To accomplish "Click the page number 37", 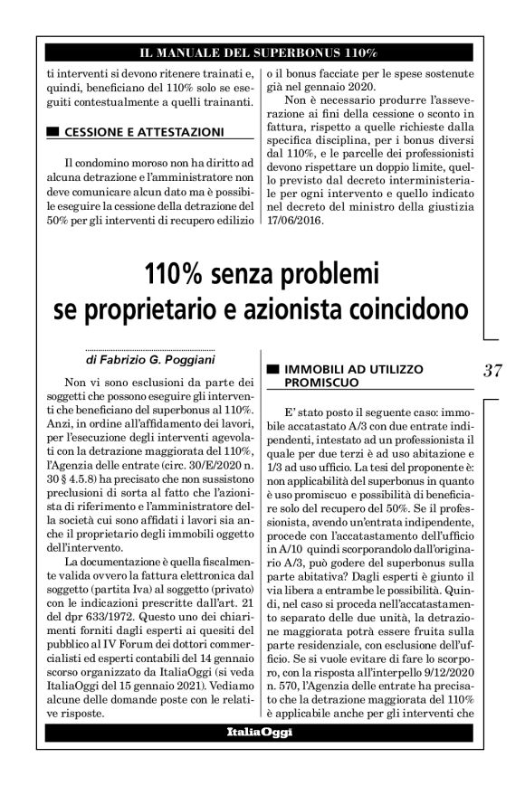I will (x=493, y=369).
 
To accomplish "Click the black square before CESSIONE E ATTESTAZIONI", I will (x=52, y=132).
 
